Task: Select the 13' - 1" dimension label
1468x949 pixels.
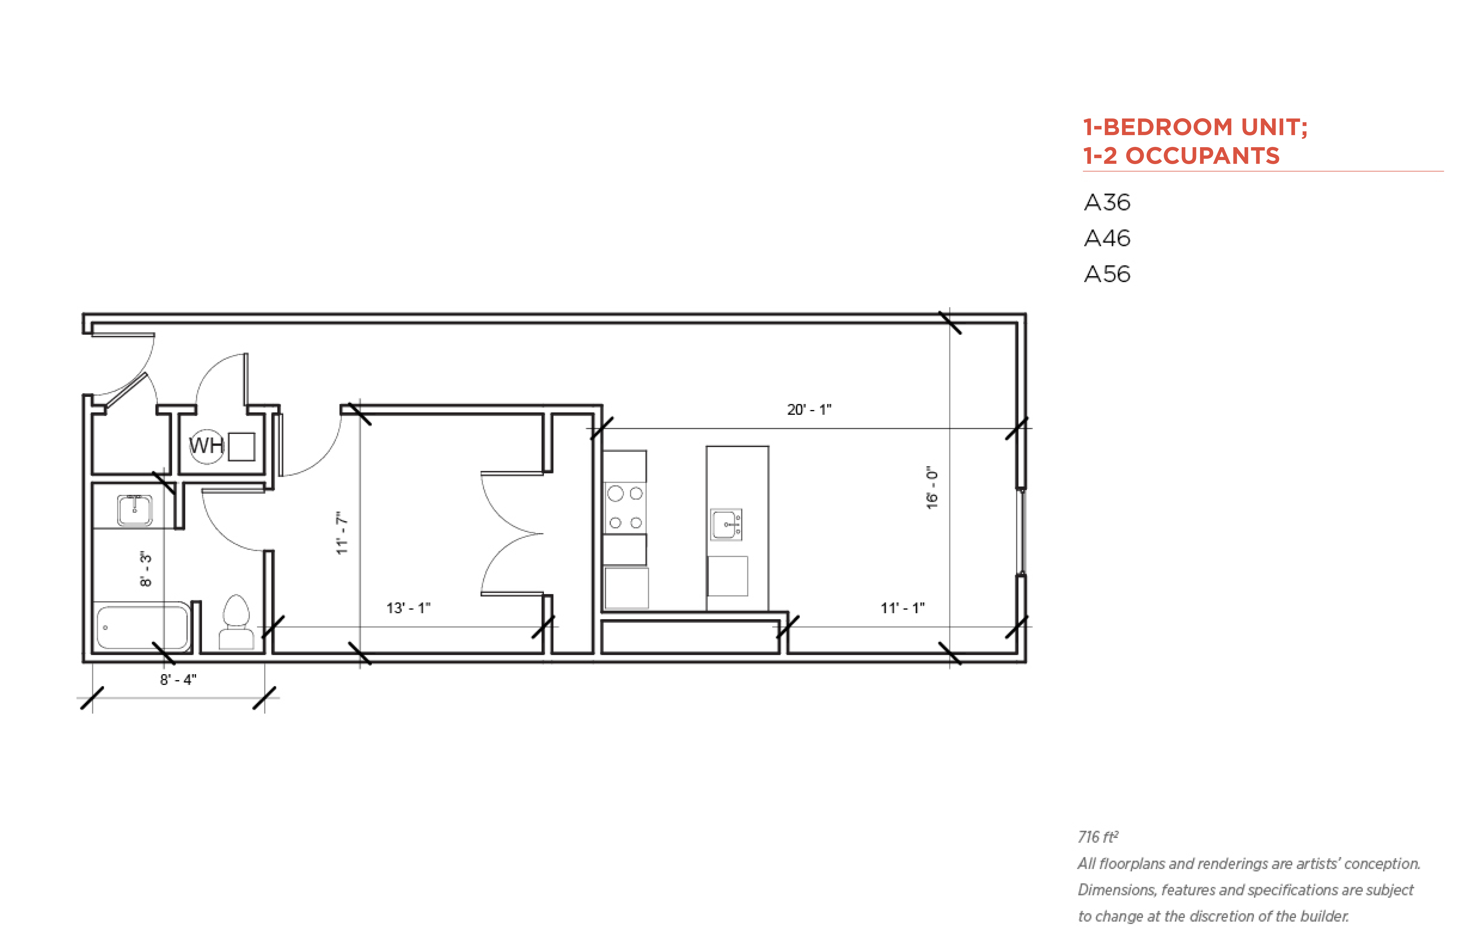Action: (x=408, y=608)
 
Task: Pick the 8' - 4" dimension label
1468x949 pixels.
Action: (x=178, y=680)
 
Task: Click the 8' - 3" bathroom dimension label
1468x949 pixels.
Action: (x=145, y=569)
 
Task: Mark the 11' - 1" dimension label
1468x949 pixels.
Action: (x=902, y=608)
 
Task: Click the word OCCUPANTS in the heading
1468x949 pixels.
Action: (x=1202, y=156)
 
